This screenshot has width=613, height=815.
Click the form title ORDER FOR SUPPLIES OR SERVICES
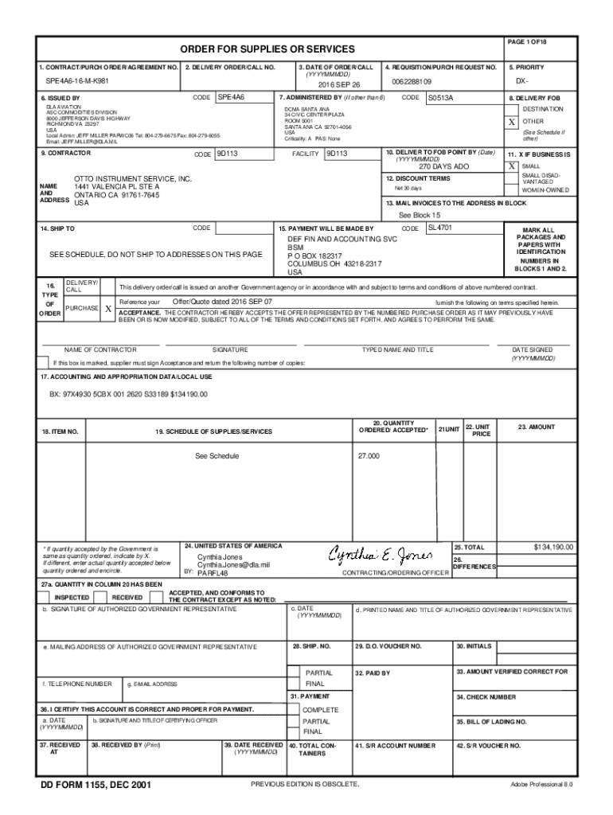(256, 49)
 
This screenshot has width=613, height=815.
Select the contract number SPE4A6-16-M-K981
(78, 82)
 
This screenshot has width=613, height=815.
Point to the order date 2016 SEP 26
(339, 84)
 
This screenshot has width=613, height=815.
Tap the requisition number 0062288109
(412, 82)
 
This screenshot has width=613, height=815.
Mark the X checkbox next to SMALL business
(511, 166)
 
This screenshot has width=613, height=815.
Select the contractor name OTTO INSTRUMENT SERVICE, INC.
(133, 179)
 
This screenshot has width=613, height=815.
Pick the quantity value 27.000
(369, 456)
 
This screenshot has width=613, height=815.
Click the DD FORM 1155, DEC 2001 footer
(96, 786)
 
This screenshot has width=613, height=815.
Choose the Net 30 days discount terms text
(408, 189)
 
